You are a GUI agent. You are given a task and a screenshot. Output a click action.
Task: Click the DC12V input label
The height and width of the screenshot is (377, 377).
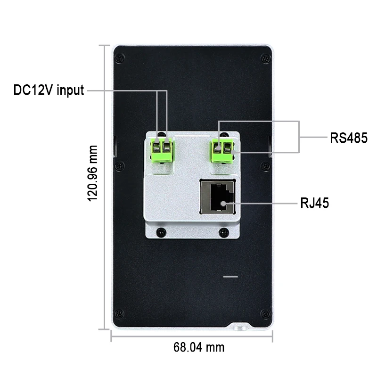coord(49,90)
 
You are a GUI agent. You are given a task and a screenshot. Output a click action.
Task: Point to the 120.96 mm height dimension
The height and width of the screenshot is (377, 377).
coord(93,173)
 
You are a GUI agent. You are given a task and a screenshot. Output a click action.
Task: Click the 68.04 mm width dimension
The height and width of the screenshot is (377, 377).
coord(198,348)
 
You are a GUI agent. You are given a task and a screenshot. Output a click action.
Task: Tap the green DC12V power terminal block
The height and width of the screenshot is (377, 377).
coord(162,149)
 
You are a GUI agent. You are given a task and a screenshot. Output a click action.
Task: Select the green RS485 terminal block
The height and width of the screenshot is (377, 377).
coord(221,149)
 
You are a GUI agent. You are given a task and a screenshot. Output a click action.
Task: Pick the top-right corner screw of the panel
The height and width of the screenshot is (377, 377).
coord(266,58)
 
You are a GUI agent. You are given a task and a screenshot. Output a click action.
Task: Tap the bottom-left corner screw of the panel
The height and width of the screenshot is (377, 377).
coord(120,313)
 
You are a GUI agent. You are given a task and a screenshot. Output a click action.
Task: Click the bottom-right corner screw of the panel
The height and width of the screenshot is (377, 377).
coord(266,313)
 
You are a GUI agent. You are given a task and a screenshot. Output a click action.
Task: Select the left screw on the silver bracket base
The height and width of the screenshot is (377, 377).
coord(162,231)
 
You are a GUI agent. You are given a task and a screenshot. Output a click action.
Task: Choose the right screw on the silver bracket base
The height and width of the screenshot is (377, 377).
coord(224,231)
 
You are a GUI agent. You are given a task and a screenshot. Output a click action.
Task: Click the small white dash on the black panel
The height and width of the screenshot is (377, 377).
coord(230,277)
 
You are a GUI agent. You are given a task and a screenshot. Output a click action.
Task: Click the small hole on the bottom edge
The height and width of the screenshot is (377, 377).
coord(238,326)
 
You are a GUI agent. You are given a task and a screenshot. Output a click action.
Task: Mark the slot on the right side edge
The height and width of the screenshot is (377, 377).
coord(270,147)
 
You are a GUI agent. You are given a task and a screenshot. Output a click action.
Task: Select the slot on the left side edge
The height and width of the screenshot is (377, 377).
coord(115,147)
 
